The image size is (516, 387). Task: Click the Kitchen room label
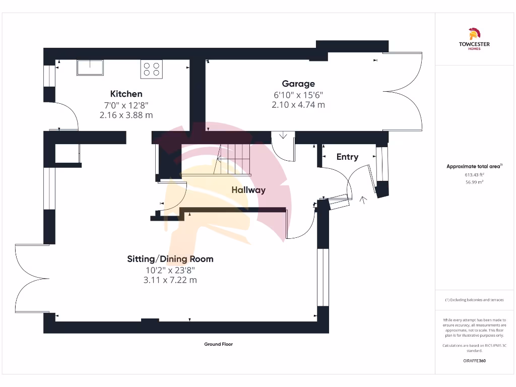click(126, 94)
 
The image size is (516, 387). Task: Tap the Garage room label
click(298, 84)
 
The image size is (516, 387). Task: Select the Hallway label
click(248, 190)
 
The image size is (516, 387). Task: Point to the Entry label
click(347, 157)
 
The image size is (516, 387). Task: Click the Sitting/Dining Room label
click(170, 259)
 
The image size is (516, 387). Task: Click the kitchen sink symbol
click(90, 68)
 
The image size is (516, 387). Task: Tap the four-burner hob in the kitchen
click(152, 69)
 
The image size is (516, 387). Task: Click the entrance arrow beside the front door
click(362, 200)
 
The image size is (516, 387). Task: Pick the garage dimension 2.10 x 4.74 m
click(298, 105)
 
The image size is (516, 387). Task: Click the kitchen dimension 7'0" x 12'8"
click(126, 105)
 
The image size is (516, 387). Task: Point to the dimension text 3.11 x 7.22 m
click(170, 280)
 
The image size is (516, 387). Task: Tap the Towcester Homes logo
click(474, 39)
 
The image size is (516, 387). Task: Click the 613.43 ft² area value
click(474, 175)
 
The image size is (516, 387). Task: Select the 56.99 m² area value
click(474, 182)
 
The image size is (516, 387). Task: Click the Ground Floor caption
click(218, 344)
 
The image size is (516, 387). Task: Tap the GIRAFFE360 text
click(474, 361)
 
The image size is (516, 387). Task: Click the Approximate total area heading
click(474, 166)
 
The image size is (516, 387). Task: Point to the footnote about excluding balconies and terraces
click(474, 300)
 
